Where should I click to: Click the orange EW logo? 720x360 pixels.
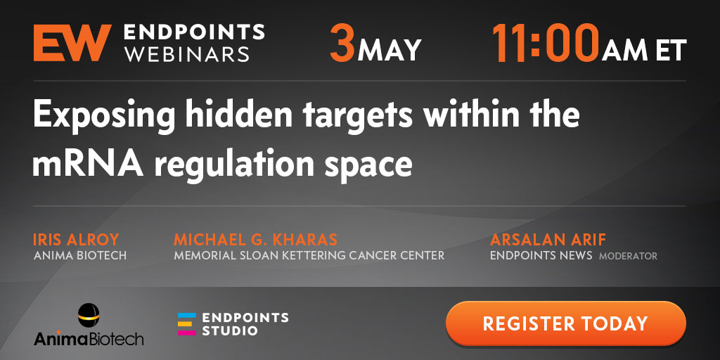click(x=72, y=43)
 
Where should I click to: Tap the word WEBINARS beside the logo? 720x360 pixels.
click(x=187, y=53)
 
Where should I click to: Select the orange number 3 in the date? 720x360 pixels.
click(x=342, y=43)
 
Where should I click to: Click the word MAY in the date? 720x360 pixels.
click(x=390, y=50)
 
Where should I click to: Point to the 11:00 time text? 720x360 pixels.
click(x=546, y=43)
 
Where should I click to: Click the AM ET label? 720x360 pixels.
click(x=644, y=50)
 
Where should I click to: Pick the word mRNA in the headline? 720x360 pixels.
click(x=88, y=164)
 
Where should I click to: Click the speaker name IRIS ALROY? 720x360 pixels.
click(x=76, y=239)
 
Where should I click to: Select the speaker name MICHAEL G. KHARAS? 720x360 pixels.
click(x=255, y=239)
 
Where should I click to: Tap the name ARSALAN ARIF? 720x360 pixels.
click(x=548, y=239)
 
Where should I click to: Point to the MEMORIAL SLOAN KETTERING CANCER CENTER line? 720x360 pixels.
click(x=309, y=255)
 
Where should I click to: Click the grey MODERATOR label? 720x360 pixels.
click(x=628, y=256)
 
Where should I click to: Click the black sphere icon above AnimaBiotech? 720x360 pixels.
click(x=89, y=316)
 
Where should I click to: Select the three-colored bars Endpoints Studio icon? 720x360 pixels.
click(x=187, y=323)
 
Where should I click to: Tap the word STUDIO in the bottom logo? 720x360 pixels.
click(x=230, y=330)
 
